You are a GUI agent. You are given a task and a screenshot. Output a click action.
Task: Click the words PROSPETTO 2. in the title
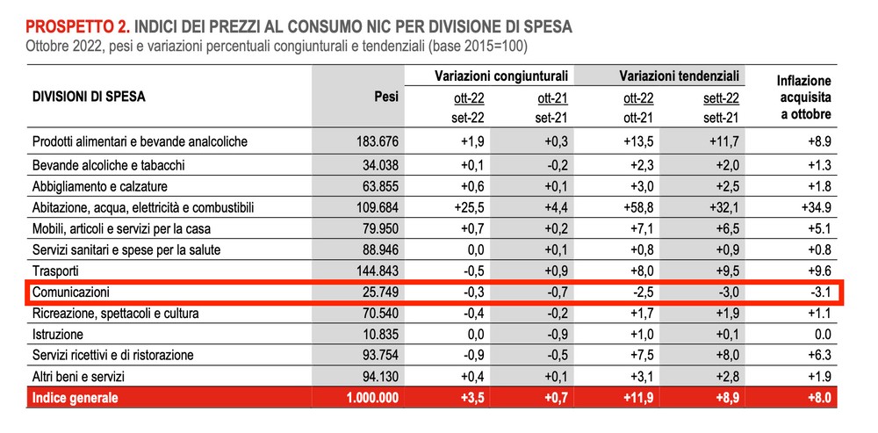point(78,27)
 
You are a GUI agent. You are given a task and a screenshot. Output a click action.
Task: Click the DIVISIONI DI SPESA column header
point(89,97)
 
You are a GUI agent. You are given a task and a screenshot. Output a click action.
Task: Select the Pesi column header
point(385,97)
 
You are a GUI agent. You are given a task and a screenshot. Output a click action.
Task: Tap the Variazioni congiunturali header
point(501,76)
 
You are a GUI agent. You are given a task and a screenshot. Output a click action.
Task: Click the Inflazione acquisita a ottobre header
point(803,98)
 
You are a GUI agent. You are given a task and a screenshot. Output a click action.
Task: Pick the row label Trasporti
point(55,271)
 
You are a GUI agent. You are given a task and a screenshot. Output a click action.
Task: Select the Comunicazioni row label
point(70,292)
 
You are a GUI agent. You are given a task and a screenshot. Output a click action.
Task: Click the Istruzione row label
point(58,335)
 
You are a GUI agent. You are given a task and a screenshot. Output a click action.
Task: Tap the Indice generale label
point(76,398)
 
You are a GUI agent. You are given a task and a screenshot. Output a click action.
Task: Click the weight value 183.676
point(378,142)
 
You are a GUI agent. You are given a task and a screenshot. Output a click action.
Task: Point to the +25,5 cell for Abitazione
point(469,208)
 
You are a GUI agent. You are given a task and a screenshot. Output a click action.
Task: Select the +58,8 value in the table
point(638,208)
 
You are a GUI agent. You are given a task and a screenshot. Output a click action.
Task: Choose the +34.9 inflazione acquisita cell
point(816,208)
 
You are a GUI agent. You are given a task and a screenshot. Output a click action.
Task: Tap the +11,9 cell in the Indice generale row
point(638,398)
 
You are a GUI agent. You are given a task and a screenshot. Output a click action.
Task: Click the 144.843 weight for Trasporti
point(378,271)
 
